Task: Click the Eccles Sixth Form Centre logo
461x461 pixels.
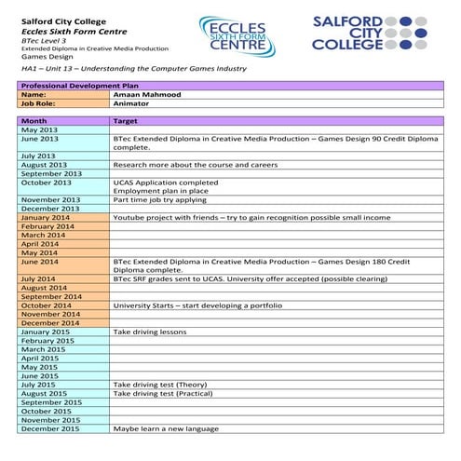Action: pyautogui.click(x=237, y=34)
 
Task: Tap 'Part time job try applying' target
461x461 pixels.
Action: pyautogui.click(x=162, y=199)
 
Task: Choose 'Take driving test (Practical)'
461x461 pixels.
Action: pyautogui.click(x=163, y=393)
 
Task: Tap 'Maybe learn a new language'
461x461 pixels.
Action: pyautogui.click(x=166, y=428)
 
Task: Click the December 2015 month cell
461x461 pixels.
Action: pyautogui.click(x=50, y=428)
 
